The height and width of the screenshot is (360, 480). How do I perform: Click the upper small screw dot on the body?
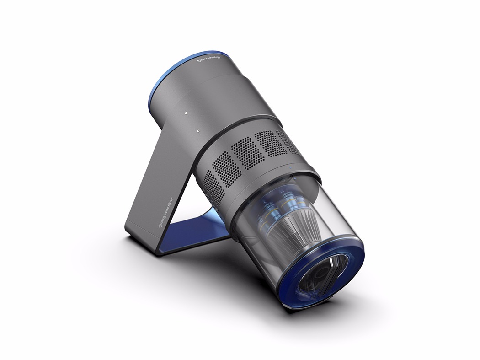186,111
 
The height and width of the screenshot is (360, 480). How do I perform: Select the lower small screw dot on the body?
198,131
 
